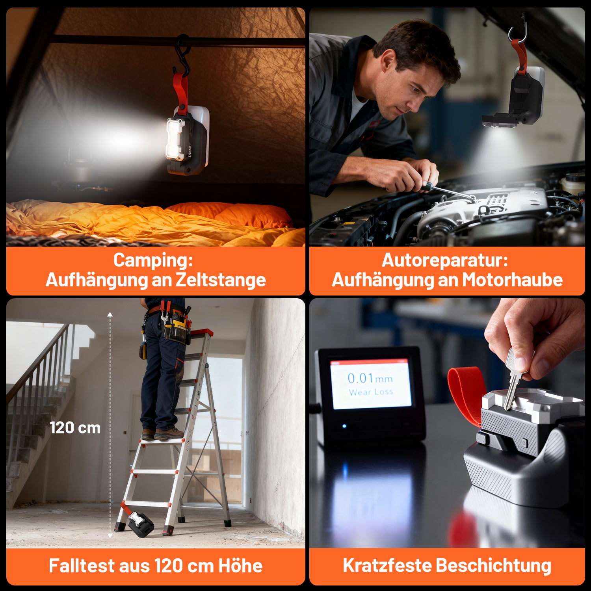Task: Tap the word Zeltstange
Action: pos(221,280)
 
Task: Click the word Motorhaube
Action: pos(512,280)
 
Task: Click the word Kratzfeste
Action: pos(387,566)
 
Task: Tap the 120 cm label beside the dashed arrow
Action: pos(75,428)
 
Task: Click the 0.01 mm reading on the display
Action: pos(370,379)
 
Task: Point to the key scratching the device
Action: pos(514,378)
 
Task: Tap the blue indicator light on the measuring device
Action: pos(344,426)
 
